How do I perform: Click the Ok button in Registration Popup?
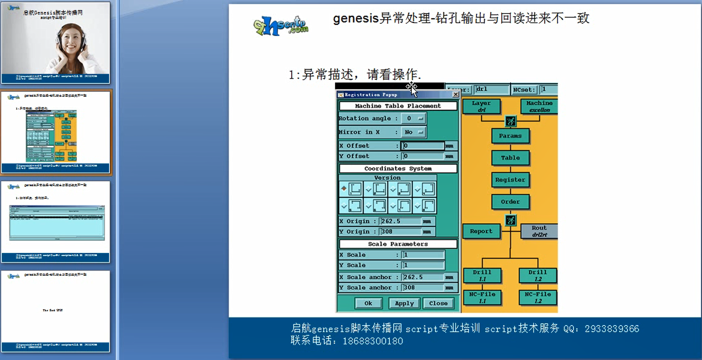pyautogui.click(x=368, y=303)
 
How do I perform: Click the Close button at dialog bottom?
pyautogui.click(x=438, y=303)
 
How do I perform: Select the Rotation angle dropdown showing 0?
pyautogui.click(x=413, y=118)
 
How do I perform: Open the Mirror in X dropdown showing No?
pyautogui.click(x=413, y=132)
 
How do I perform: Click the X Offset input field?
pyautogui.click(x=423, y=146)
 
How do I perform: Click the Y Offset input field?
pyautogui.click(x=423, y=156)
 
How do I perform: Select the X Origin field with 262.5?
pyautogui.click(x=401, y=221)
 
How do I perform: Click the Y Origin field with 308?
pyautogui.click(x=401, y=231)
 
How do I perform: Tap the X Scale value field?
pyautogui.click(x=423, y=255)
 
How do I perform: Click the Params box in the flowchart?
pyautogui.click(x=510, y=136)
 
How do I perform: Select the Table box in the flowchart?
pyautogui.click(x=510, y=158)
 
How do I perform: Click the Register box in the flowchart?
pyautogui.click(x=510, y=180)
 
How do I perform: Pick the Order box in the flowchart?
pyautogui.click(x=510, y=202)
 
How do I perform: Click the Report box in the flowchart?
pyautogui.click(x=481, y=231)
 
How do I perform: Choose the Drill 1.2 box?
pyautogui.click(x=538, y=275)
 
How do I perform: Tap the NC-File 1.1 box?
pyautogui.click(x=482, y=298)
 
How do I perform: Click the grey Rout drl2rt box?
pyautogui.click(x=539, y=231)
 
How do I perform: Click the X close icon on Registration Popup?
pyautogui.click(x=456, y=95)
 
